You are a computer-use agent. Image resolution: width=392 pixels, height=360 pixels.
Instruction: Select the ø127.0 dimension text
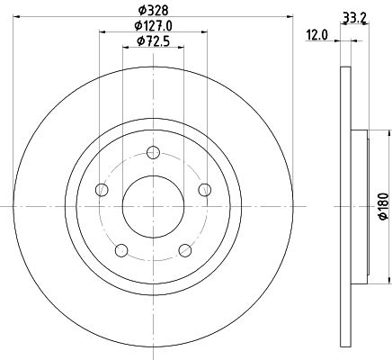(153, 25)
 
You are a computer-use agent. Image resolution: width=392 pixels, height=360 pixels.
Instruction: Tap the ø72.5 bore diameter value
(153, 41)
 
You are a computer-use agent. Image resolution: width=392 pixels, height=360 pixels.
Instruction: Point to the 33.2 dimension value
(353, 15)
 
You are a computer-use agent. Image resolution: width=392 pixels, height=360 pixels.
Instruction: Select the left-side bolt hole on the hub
(102, 189)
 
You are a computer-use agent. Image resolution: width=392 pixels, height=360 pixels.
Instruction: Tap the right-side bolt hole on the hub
(204, 189)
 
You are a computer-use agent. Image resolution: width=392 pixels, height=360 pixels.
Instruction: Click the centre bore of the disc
(153, 206)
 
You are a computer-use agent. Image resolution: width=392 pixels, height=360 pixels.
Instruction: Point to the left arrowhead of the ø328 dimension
(15, 15)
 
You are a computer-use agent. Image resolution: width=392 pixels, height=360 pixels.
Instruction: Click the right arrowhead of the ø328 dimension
(290, 15)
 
